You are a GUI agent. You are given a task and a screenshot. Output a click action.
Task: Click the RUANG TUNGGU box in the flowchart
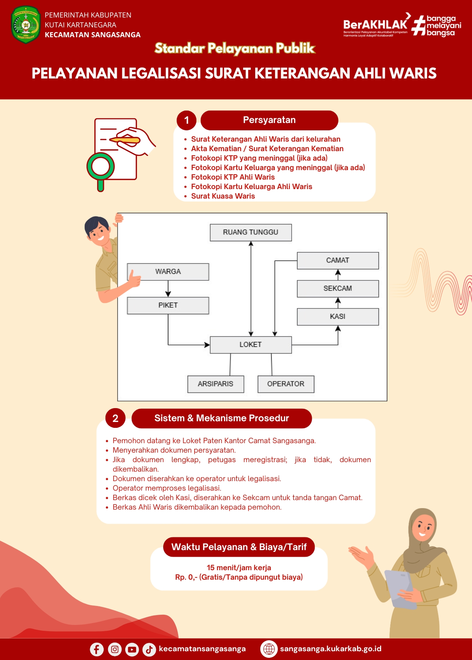coord(251,233)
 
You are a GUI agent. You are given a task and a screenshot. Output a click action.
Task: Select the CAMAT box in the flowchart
coord(338,261)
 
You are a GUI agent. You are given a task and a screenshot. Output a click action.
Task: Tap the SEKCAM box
coord(338,289)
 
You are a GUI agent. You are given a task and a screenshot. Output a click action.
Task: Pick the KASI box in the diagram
coord(338,317)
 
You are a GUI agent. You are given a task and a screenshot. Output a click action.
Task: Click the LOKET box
coord(251,345)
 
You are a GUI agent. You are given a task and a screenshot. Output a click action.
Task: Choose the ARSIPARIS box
coord(216,384)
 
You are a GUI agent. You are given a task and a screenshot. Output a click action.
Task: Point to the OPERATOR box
coord(286,384)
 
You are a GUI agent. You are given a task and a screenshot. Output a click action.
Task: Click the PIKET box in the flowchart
coord(168,306)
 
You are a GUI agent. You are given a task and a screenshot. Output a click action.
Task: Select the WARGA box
coord(168,272)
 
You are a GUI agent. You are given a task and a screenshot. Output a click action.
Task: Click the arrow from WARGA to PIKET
coord(168,289)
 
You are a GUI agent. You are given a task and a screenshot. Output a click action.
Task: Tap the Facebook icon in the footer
coord(97,649)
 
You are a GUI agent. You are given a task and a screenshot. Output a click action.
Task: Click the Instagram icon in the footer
coord(115,649)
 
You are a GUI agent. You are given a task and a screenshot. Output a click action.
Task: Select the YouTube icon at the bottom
coord(132,649)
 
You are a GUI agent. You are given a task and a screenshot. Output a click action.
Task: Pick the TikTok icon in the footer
coord(149,649)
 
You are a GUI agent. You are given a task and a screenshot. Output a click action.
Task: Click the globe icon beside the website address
coord(269,649)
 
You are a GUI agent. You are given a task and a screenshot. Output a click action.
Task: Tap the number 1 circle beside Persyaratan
coord(187,120)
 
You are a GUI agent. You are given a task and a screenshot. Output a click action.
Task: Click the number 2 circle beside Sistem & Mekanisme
coord(115,418)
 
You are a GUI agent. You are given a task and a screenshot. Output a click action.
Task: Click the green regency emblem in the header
coord(26,25)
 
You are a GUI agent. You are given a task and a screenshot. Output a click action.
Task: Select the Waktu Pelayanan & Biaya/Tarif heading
coord(239,547)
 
